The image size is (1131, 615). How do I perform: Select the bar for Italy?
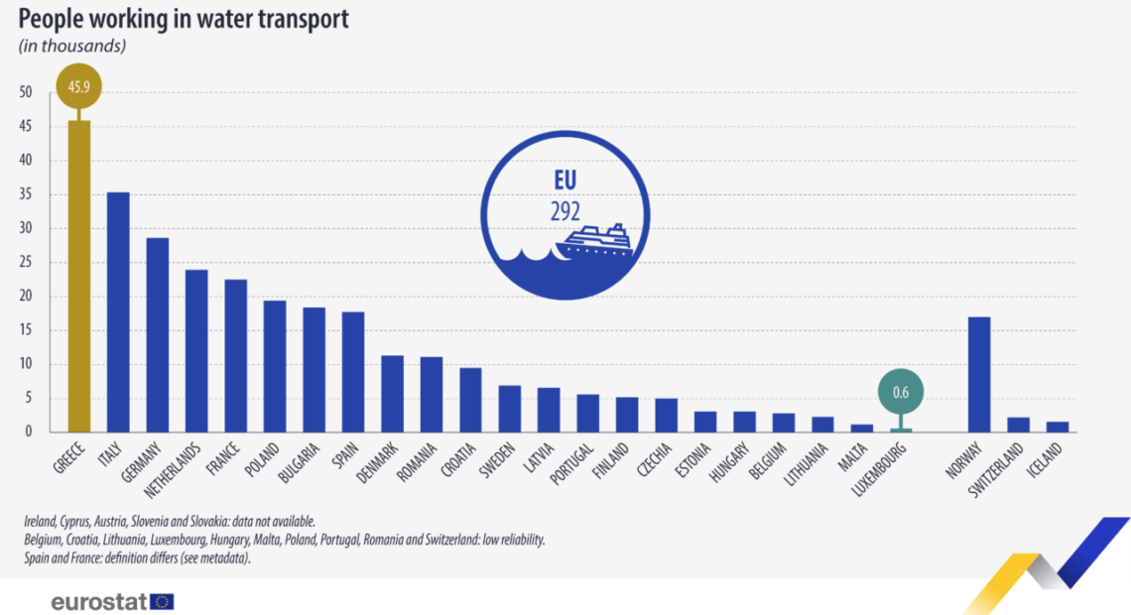tap(118, 312)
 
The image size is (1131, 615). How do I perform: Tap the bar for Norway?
tap(978, 375)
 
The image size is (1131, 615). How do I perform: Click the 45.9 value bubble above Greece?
tap(78, 87)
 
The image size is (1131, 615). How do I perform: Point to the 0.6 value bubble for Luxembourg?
tap(900, 391)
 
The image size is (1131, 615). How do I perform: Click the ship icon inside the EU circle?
tap(594, 242)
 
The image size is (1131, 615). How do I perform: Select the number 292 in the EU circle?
tap(565, 211)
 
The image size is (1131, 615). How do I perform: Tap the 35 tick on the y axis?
tap(26, 195)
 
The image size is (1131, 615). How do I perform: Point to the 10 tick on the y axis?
tap(26, 365)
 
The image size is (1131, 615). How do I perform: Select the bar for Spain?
tap(353, 372)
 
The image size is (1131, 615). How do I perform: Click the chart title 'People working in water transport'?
tap(184, 19)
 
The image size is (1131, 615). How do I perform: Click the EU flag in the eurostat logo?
tap(162, 601)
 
